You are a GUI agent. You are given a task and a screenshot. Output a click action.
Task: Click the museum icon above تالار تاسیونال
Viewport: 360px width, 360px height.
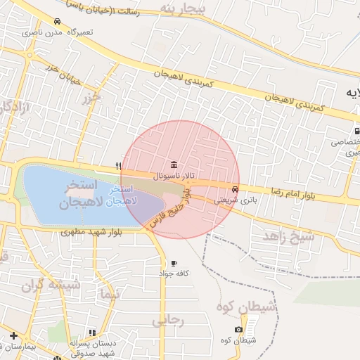click(x=174, y=164)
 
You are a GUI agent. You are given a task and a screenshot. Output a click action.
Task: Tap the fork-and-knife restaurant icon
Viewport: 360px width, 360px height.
click(x=119, y=167)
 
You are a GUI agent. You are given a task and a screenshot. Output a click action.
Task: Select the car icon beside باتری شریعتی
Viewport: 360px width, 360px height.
click(x=234, y=189)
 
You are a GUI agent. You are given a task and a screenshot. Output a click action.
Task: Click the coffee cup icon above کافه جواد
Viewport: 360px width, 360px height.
click(x=174, y=263)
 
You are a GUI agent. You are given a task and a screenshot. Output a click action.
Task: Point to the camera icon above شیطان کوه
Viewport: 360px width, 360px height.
click(x=239, y=330)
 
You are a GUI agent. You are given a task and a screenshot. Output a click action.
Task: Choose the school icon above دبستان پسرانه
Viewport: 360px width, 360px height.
click(x=91, y=333)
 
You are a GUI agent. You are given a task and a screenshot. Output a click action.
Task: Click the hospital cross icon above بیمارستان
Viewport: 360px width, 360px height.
click(x=13, y=335)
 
